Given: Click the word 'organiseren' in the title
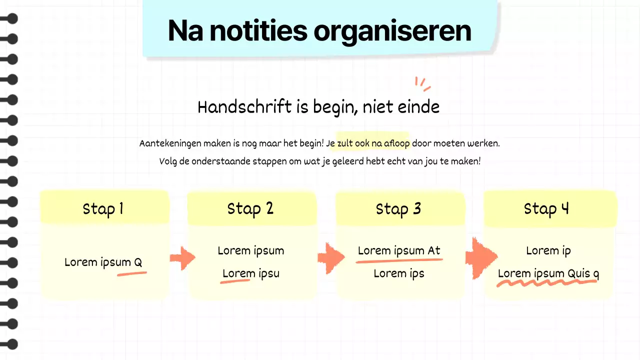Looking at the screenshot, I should pos(392,31).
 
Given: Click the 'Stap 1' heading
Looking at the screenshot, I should pos(103,208).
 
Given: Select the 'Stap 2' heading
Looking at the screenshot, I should pos(250,208).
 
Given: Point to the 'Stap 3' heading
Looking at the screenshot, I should pos(398,208).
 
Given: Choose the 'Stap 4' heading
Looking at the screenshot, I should pos(546,208).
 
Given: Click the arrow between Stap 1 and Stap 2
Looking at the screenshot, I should pos(182,257).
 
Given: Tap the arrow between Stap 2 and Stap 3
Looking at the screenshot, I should pos(330,258).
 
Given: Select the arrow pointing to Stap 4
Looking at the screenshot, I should pos(480,257).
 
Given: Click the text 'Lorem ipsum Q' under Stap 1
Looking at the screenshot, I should pos(103,262).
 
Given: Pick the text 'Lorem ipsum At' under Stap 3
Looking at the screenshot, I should pos(399,250).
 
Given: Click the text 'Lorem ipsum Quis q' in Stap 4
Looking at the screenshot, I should pos(548,273).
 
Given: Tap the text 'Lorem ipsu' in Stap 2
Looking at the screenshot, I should pos(251,273).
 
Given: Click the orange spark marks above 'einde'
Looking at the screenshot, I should pos(422,84).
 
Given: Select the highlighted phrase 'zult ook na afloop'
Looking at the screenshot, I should pos(373,143).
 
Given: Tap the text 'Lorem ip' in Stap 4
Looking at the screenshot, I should pos(548,250).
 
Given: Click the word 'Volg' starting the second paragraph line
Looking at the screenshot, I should pos(168,161).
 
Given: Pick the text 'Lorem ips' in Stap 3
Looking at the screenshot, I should pos(399,273).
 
